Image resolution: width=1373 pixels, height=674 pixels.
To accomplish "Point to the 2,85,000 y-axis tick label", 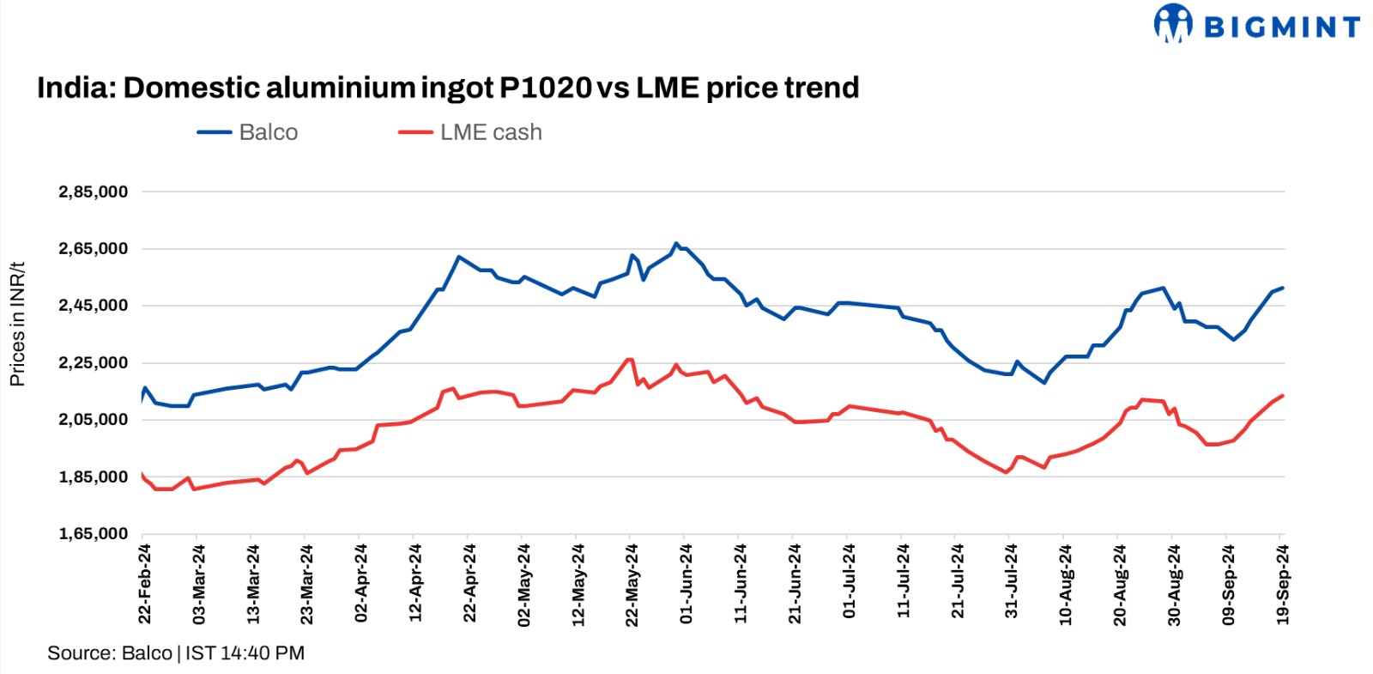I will click(x=93, y=192).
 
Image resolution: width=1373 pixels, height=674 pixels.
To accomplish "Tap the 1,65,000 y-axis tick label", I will click(x=93, y=534).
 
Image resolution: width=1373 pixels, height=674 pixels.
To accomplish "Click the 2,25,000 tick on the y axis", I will click(x=93, y=363).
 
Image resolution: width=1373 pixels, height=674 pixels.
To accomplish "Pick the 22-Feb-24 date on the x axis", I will click(x=145, y=583).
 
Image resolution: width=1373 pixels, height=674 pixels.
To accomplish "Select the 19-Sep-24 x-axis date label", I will click(x=1282, y=583).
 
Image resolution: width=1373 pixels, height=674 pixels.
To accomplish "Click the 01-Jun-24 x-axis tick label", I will click(x=686, y=583).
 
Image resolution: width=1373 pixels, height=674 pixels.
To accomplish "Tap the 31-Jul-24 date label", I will click(x=1011, y=583).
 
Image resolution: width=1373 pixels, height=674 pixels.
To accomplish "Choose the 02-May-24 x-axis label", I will click(x=523, y=583).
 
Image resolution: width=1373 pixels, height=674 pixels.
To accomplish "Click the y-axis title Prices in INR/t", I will click(x=17, y=324).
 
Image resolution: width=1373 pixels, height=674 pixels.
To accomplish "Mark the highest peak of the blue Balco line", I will click(x=676, y=244).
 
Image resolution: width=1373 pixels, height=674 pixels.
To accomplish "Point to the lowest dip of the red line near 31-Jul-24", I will click(x=1007, y=472).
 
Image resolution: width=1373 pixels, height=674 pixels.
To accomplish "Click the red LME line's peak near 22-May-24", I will click(x=629, y=360).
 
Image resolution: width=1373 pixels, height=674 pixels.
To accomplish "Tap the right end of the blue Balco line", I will click(x=1282, y=288).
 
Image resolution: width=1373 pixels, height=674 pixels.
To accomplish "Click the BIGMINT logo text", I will click(x=1282, y=27).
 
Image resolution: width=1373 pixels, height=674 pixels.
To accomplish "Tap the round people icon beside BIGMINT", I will click(x=1173, y=23).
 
